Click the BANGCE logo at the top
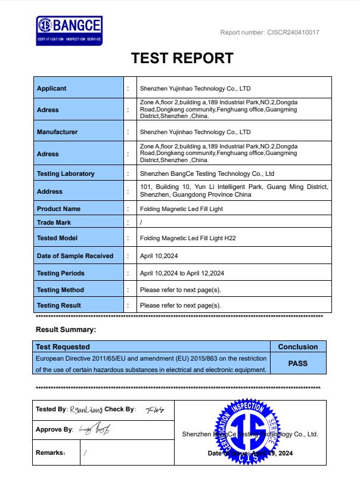[x=69, y=29]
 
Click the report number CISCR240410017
[x=270, y=32]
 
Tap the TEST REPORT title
[x=182, y=58]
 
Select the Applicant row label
[x=52, y=89]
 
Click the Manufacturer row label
[x=57, y=132]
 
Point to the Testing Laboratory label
[x=66, y=174]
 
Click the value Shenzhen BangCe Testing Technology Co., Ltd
[x=207, y=174]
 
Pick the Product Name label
[x=58, y=209]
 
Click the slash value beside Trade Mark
[x=141, y=223]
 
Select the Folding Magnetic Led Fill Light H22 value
[x=188, y=238]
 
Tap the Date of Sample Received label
[x=75, y=256]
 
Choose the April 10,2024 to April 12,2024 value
[x=182, y=273]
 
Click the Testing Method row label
[x=60, y=290]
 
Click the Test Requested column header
[x=63, y=346]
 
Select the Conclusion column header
[x=298, y=346]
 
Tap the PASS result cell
[x=298, y=362]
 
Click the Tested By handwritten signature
[x=86, y=410]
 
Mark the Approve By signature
[x=94, y=429]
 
